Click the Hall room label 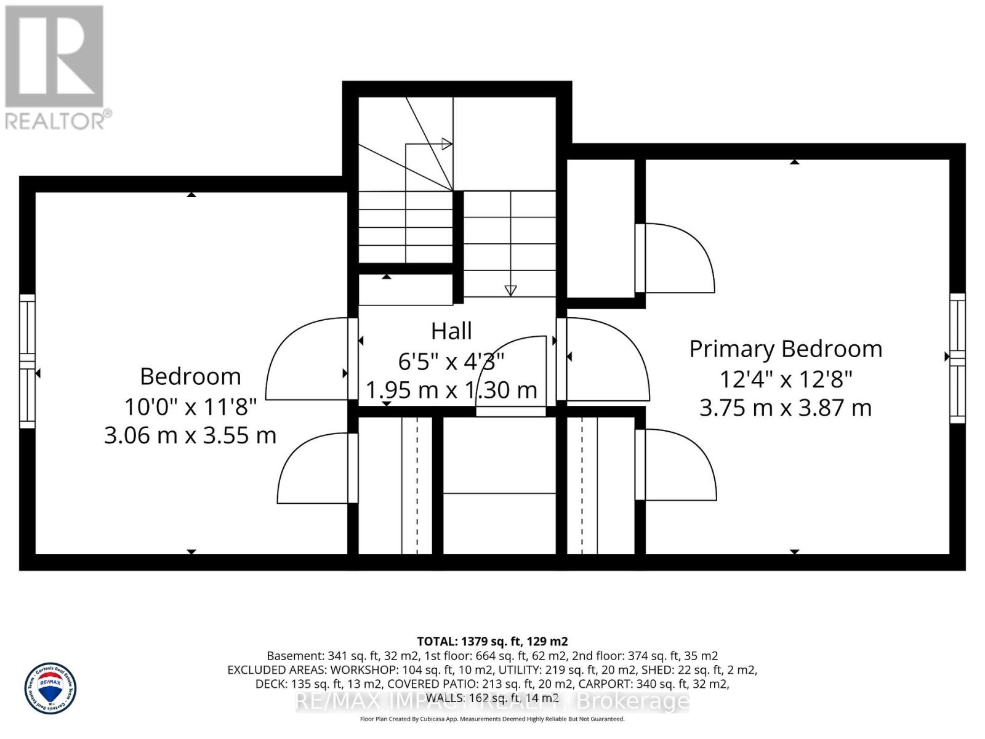coord(451,331)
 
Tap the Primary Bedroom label coord(786,349)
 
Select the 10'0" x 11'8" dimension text coord(190,406)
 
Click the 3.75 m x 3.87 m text coord(786,408)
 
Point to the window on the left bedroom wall coord(27,361)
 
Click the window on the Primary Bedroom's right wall coord(957,358)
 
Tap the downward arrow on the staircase coord(510,290)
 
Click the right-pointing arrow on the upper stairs coord(447,144)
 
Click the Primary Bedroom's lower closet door coord(677,464)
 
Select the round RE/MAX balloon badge coord(50,688)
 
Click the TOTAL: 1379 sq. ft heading coord(492,641)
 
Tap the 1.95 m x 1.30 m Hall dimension coord(451,390)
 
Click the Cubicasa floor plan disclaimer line coord(492,719)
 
